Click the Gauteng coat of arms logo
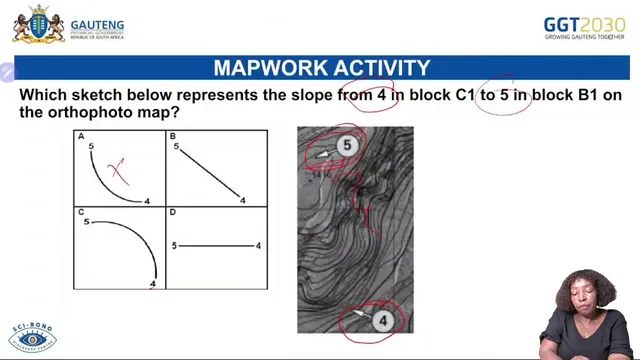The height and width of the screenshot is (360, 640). (x=38, y=23)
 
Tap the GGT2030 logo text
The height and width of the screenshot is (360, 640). (x=584, y=23)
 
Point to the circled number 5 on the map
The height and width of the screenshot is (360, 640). (x=347, y=145)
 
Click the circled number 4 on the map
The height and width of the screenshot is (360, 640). (x=382, y=320)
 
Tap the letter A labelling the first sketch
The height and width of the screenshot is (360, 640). (x=81, y=136)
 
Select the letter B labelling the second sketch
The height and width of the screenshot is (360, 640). (x=173, y=136)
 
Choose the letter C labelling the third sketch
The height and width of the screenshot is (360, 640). (x=81, y=213)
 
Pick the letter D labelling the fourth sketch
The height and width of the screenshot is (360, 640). (x=173, y=213)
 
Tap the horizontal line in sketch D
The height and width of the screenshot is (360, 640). (x=217, y=245)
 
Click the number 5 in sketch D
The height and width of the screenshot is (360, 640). (x=175, y=245)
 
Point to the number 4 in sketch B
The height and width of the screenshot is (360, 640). (x=243, y=201)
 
